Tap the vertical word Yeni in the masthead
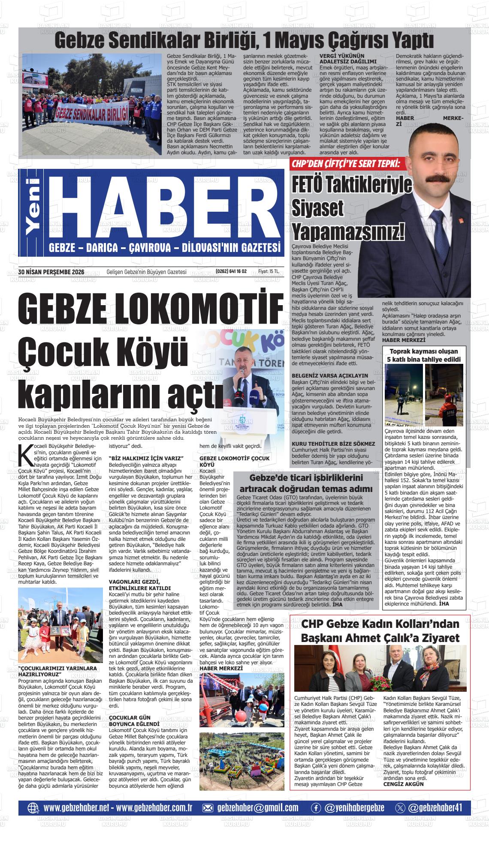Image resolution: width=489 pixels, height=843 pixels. [33, 206]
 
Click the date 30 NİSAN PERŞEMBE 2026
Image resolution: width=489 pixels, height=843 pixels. [51, 271]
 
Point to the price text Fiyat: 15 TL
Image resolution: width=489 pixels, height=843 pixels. [269, 271]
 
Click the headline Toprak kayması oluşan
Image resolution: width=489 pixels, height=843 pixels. [423, 351]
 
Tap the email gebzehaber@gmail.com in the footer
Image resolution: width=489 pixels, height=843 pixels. [257, 808]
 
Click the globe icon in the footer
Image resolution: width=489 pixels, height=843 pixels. [33, 808]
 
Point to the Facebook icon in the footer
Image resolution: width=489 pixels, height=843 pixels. [316, 808]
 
